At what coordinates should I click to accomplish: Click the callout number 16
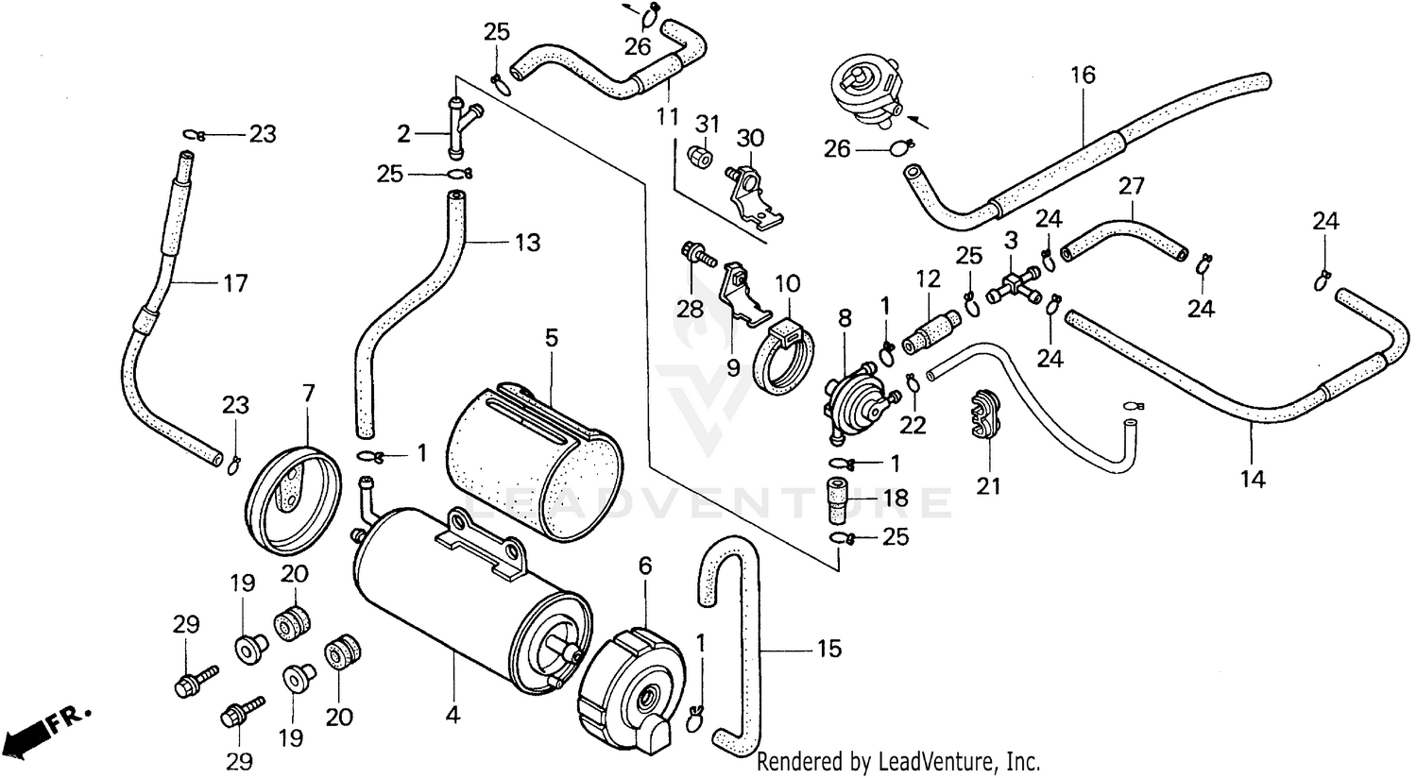click(1083, 76)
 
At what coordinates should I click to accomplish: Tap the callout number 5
click(552, 338)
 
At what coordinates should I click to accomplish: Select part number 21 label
click(989, 486)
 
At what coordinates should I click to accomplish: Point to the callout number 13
click(527, 242)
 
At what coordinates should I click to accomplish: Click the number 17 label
click(235, 284)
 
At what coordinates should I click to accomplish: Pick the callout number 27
click(1132, 186)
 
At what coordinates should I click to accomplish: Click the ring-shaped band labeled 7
click(293, 502)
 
